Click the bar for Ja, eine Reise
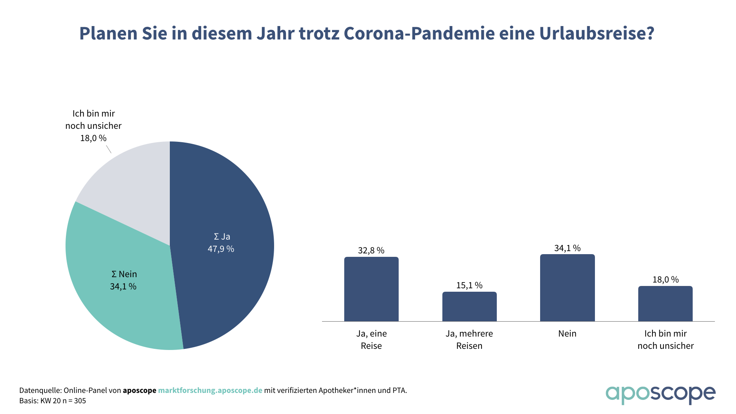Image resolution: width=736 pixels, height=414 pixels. (x=371, y=289)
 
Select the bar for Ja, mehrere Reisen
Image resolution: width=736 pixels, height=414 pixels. (x=469, y=307)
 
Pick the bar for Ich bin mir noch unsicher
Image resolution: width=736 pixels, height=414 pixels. (x=665, y=304)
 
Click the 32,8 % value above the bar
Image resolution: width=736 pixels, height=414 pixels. (x=371, y=250)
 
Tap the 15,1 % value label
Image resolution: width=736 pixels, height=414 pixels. (x=469, y=285)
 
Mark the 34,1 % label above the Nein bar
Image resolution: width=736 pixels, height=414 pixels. (x=567, y=248)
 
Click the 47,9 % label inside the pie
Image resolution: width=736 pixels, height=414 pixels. (x=221, y=249)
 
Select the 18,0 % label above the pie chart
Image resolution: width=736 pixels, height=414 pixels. (x=93, y=138)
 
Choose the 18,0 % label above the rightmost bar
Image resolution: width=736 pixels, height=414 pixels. (x=665, y=279)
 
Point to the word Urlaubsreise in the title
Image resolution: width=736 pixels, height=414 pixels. (x=596, y=33)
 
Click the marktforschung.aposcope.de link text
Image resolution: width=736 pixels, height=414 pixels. (x=210, y=390)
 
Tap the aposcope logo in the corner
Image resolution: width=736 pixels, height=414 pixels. (x=660, y=394)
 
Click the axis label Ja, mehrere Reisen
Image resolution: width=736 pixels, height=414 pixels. (x=469, y=340)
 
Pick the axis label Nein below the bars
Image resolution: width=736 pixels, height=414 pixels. (x=567, y=333)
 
